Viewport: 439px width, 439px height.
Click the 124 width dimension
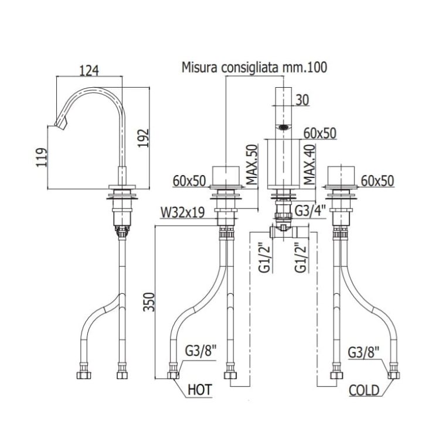89,71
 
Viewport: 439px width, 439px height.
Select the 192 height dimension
143,138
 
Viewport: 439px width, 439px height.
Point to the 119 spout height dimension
42,157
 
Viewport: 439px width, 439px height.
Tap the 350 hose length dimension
149,302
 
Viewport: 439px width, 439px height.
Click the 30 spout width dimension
302,100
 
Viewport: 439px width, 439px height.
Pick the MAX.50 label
252,164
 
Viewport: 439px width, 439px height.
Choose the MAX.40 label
309,164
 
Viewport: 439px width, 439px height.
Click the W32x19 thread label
182,212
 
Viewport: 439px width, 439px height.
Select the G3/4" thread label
311,211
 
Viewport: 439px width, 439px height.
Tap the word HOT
200,390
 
